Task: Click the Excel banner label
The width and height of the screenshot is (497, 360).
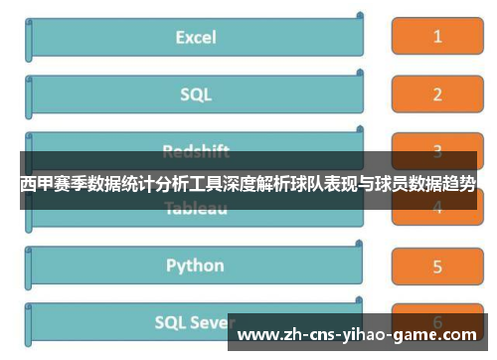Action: click(x=196, y=38)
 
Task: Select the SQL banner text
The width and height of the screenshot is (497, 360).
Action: click(x=196, y=94)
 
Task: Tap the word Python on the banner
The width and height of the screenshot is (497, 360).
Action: click(x=195, y=266)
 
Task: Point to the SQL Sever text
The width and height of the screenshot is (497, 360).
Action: click(x=195, y=322)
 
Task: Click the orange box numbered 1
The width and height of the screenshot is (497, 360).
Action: click(x=436, y=38)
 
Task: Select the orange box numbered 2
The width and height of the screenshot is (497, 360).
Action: click(x=436, y=95)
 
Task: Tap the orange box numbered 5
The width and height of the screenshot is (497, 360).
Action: click(x=436, y=266)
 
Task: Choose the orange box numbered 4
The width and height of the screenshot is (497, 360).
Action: click(x=436, y=208)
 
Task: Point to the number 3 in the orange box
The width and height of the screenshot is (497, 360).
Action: click(x=436, y=152)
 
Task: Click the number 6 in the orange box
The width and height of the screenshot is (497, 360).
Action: click(x=436, y=321)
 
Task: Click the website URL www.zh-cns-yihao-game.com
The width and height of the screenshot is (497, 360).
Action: click(x=362, y=335)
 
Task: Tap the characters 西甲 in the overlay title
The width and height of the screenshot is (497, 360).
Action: click(x=38, y=184)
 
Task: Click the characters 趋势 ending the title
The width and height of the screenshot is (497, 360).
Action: click(x=457, y=184)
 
